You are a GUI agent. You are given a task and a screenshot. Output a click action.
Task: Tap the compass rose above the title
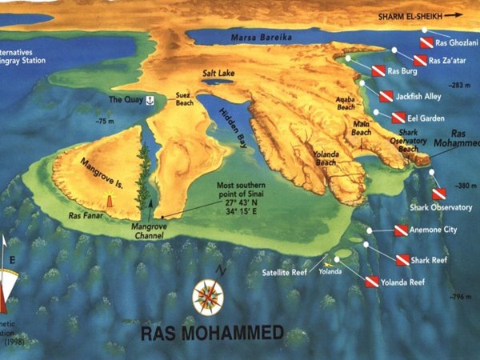[208, 296]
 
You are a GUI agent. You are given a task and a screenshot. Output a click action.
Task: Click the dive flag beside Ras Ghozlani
[426, 42]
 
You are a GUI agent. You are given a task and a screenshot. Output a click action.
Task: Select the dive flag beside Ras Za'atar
[419, 60]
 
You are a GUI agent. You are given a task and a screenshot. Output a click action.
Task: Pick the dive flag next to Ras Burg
[378, 72]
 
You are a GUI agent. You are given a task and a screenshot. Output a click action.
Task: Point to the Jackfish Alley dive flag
[386, 97]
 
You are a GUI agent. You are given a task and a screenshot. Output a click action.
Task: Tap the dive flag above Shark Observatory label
[438, 194]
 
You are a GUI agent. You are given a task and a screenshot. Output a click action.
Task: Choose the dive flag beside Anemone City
[401, 230]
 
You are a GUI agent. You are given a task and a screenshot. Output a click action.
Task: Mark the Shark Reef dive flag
[402, 259]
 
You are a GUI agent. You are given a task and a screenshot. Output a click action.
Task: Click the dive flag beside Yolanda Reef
[371, 282]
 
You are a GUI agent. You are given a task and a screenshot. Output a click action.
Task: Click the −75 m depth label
[105, 121]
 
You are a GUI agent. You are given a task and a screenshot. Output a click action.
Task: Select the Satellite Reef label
[285, 272]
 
